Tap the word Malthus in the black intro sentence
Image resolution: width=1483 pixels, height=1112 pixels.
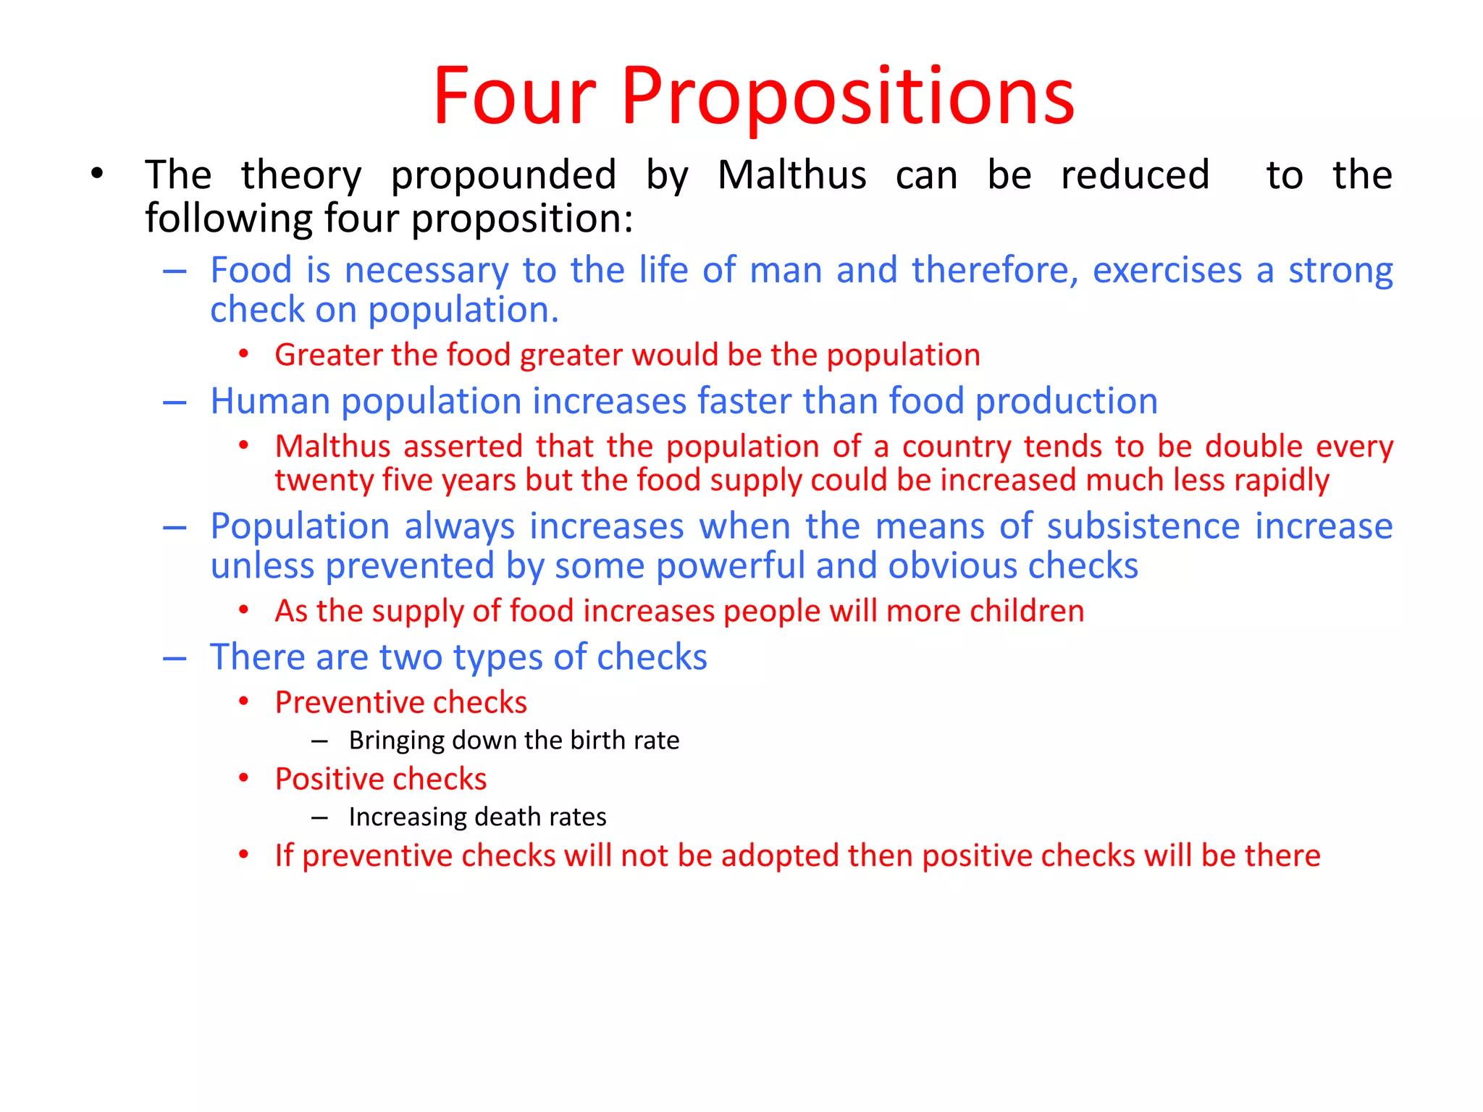click(x=791, y=175)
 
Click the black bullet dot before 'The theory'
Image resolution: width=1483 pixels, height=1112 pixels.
click(x=97, y=174)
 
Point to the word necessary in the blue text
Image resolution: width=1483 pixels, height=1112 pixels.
click(x=427, y=271)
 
